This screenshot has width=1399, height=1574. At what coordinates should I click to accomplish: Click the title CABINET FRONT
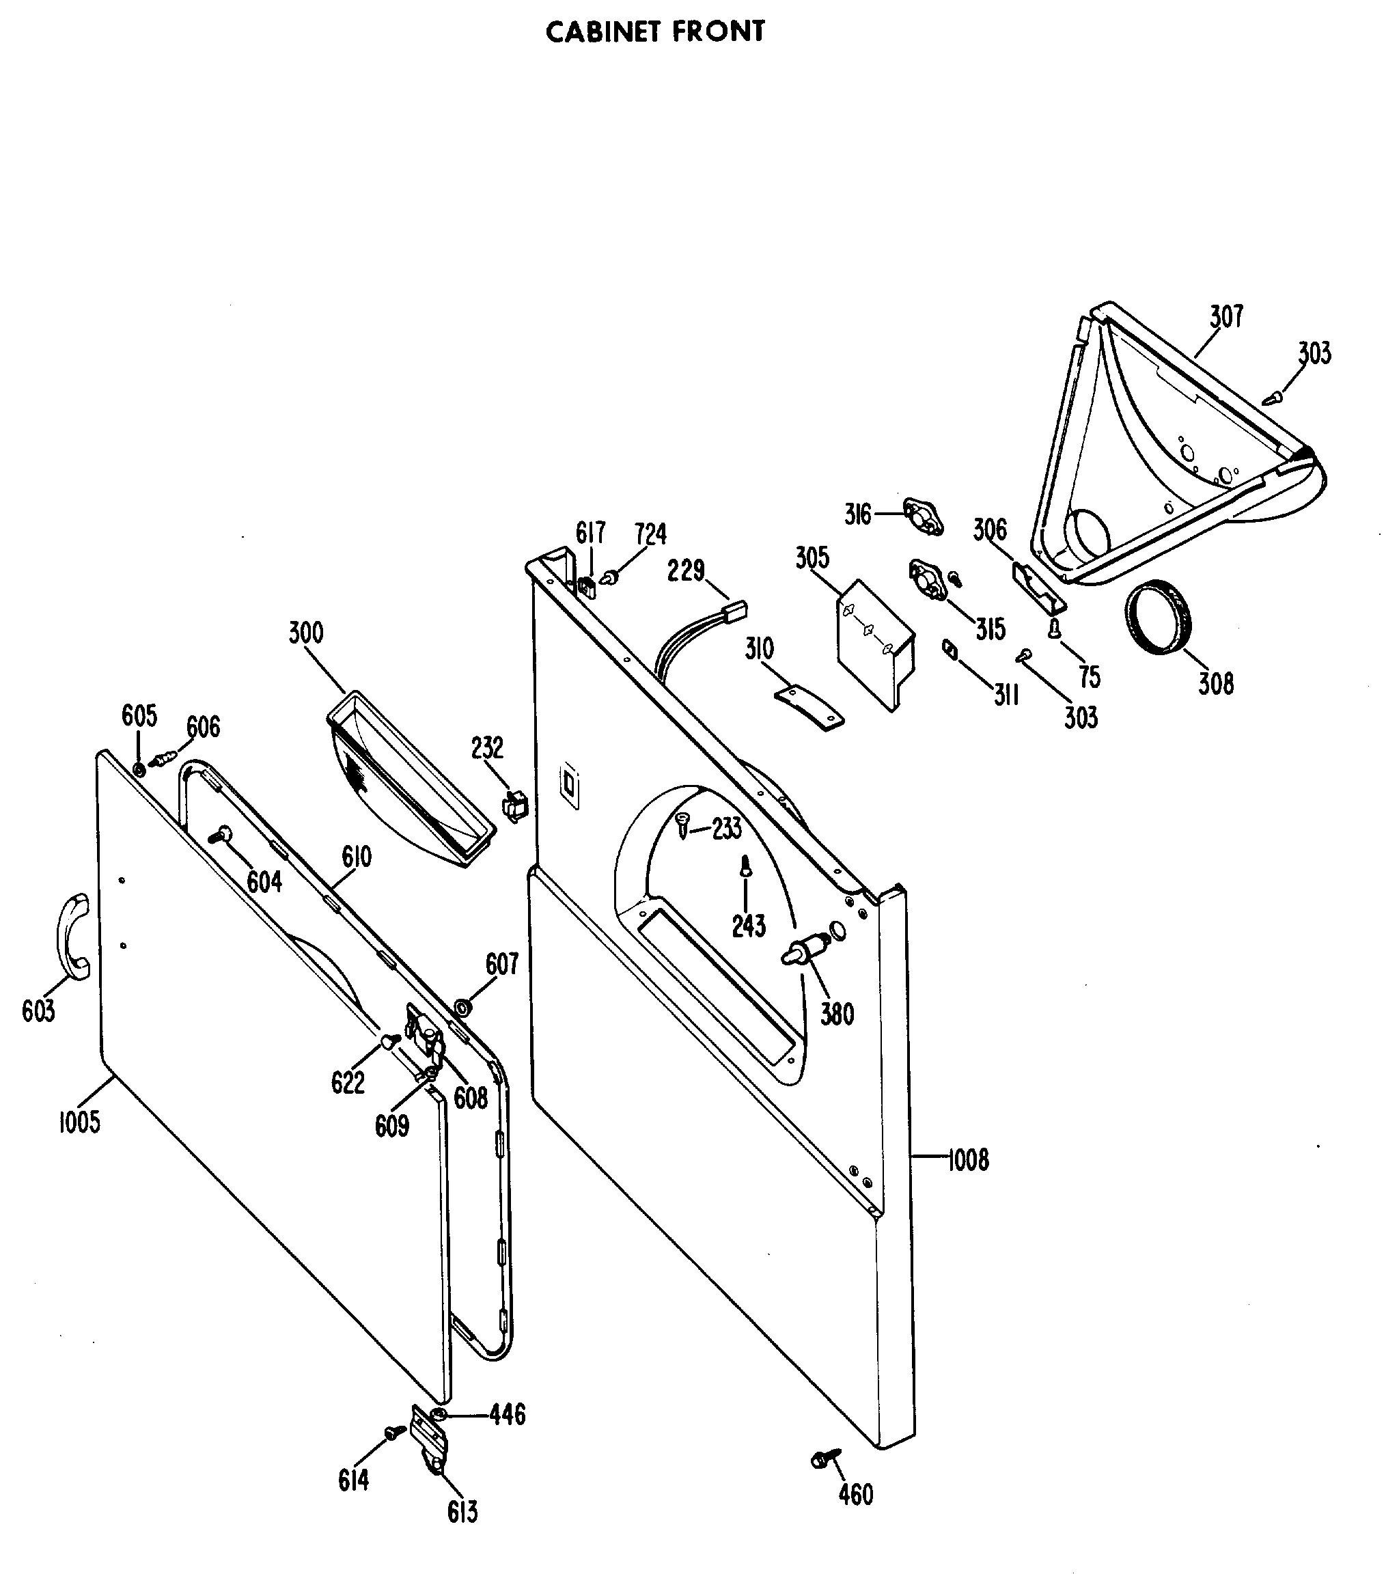[655, 31]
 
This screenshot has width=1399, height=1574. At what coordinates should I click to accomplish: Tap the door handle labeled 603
[72, 937]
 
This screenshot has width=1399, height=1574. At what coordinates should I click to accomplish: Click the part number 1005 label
[80, 1122]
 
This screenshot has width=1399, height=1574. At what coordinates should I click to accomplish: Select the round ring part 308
[1158, 618]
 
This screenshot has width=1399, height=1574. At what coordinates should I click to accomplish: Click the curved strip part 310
[808, 707]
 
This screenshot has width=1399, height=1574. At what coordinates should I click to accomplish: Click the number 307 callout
[1225, 316]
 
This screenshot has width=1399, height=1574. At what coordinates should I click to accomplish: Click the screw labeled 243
[745, 868]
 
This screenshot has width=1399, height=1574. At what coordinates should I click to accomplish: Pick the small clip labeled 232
[515, 805]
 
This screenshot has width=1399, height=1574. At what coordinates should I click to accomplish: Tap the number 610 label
[357, 856]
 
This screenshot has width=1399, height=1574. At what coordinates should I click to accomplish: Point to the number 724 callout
[650, 534]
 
